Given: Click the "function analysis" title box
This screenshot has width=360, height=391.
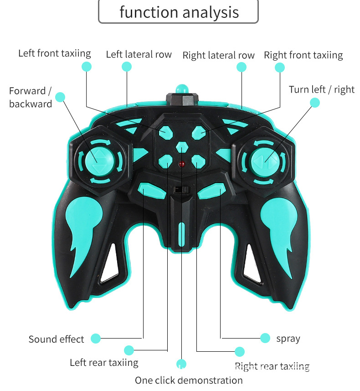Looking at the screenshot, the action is [179, 12].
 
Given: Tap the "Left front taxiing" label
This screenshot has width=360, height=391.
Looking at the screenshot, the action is [55, 53].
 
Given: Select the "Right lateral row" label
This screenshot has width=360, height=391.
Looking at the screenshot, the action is [218, 56].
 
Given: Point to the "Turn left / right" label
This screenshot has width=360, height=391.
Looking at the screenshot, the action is [321, 89].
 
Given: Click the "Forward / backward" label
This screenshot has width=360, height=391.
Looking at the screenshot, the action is [31, 97].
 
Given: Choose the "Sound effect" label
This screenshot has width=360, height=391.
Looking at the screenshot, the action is [56, 339].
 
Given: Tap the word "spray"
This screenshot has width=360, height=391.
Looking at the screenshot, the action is [288, 339].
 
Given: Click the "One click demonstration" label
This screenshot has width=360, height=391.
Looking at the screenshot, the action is [189, 380].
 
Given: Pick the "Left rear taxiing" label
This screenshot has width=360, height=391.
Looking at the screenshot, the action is [104, 363].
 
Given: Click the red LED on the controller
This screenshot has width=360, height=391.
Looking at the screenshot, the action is [182, 164].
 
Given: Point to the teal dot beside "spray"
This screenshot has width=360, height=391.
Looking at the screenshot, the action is [265, 338].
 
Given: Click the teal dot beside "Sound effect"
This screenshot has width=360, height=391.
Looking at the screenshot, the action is [95, 339].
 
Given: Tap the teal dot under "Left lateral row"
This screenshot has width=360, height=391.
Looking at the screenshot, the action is [127, 67].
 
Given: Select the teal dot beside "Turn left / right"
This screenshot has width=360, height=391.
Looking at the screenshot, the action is [315, 103].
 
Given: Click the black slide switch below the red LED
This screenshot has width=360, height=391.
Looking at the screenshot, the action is [181, 189].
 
